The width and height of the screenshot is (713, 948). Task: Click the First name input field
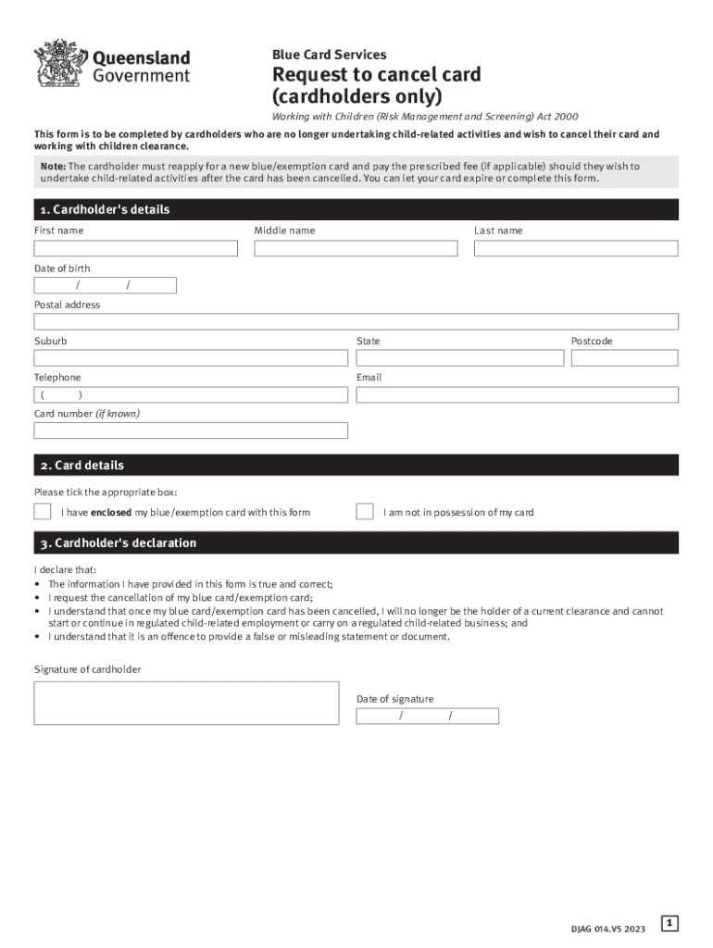(136, 248)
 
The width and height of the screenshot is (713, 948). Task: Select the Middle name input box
(356, 248)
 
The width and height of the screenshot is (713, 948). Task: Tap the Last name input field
(576, 248)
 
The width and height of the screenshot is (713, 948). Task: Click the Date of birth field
(106, 285)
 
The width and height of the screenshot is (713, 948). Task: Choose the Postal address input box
(356, 321)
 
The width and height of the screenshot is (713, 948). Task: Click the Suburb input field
(191, 358)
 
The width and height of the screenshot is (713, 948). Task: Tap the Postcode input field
(625, 358)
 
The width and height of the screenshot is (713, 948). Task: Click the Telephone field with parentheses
(191, 395)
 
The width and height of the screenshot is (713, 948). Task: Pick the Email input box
(517, 395)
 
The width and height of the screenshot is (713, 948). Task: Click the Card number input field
(191, 430)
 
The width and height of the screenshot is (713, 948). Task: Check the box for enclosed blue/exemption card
(43, 511)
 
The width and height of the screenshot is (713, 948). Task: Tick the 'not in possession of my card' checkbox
(365, 511)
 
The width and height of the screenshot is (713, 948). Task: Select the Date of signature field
(428, 716)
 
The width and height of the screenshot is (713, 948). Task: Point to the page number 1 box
(670, 923)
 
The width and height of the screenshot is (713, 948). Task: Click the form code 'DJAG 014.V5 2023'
(608, 929)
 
